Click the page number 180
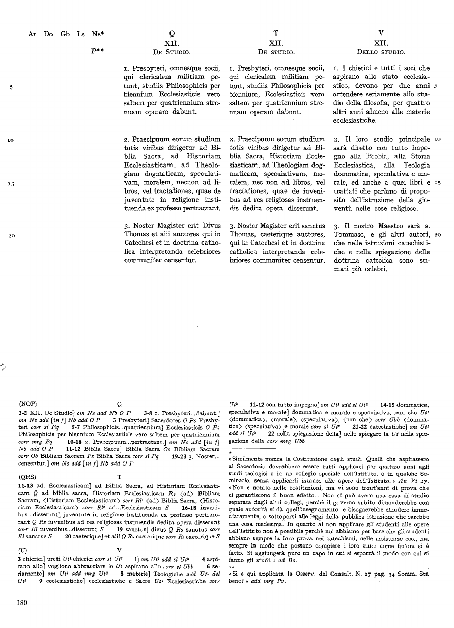(x=22, y=602)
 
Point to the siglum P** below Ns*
(x=98, y=51)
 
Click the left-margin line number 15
(x=10, y=182)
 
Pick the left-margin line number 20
(x=10, y=235)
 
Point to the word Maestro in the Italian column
(x=391, y=225)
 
